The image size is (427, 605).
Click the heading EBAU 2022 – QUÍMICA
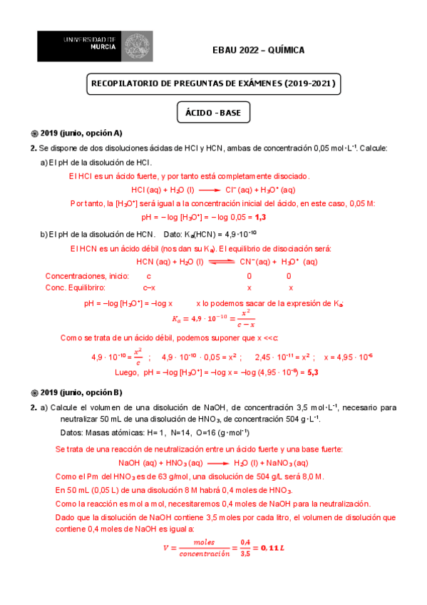click(258, 50)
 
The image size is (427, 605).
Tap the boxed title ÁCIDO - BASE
click(213, 113)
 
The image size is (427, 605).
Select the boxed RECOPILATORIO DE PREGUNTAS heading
click(213, 84)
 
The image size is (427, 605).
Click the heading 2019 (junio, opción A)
click(82, 133)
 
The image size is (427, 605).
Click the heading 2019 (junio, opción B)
click(82, 392)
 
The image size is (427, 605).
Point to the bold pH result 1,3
click(260, 216)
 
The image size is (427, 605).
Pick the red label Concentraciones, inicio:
click(86, 275)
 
